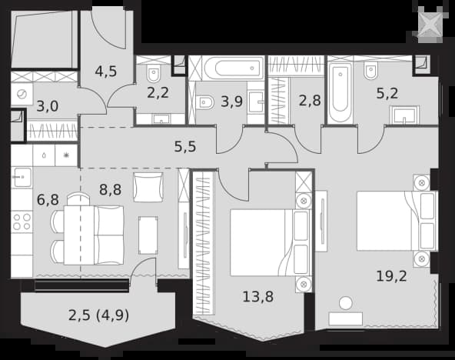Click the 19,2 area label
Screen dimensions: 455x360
(x=391, y=276)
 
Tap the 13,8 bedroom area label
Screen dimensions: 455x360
(x=258, y=297)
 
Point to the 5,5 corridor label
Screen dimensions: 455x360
(x=185, y=147)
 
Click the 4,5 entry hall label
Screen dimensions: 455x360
(x=106, y=71)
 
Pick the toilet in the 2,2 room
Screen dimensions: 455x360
(x=153, y=74)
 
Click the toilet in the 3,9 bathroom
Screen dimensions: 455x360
(x=205, y=102)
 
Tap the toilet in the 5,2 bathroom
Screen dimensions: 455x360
(x=370, y=71)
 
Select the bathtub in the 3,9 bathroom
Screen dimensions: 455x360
(x=234, y=68)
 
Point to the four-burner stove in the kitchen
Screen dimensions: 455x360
(x=22, y=222)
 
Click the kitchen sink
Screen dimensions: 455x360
(x=22, y=177)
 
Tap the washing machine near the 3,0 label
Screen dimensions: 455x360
(x=22, y=94)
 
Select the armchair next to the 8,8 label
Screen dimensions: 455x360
(x=148, y=187)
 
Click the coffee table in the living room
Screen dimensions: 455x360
(x=148, y=235)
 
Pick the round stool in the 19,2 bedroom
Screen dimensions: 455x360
(x=346, y=303)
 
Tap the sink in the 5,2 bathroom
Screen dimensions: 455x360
(x=404, y=115)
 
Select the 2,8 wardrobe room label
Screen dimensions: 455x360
(x=310, y=101)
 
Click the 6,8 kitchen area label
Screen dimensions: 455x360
(x=48, y=200)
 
